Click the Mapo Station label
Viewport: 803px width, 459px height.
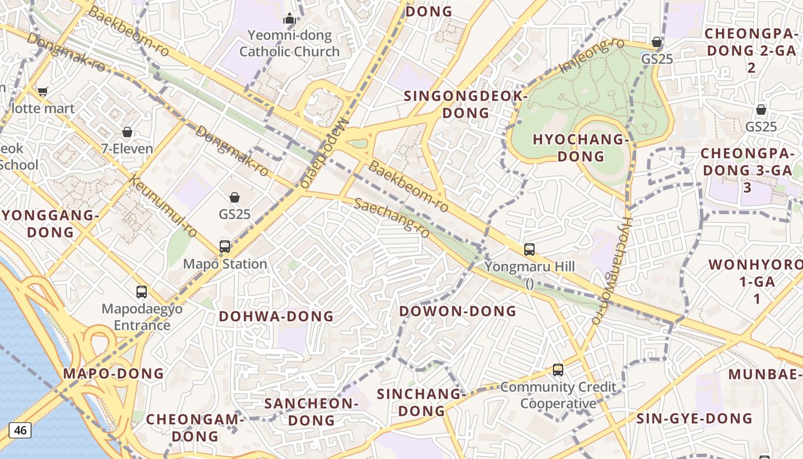click(225, 264)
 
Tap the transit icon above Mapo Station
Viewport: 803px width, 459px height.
click(225, 247)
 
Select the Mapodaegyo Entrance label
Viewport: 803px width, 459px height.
click(142, 317)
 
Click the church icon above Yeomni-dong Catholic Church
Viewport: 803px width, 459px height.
click(290, 18)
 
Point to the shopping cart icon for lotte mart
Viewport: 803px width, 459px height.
click(42, 91)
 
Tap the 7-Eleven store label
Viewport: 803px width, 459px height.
click(127, 149)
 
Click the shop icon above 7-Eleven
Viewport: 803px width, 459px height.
click(127, 133)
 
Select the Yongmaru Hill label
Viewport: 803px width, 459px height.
click(529, 267)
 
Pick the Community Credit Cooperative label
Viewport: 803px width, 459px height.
click(559, 395)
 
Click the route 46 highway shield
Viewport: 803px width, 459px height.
click(20, 430)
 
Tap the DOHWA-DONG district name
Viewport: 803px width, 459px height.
click(276, 316)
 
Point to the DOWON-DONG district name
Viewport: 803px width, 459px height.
click(458, 311)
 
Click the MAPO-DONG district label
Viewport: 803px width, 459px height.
click(114, 374)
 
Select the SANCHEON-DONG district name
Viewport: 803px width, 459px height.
click(311, 411)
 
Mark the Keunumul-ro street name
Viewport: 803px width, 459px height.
click(164, 207)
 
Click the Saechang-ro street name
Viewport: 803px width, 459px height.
click(392, 218)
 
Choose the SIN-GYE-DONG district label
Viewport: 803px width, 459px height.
click(695, 418)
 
